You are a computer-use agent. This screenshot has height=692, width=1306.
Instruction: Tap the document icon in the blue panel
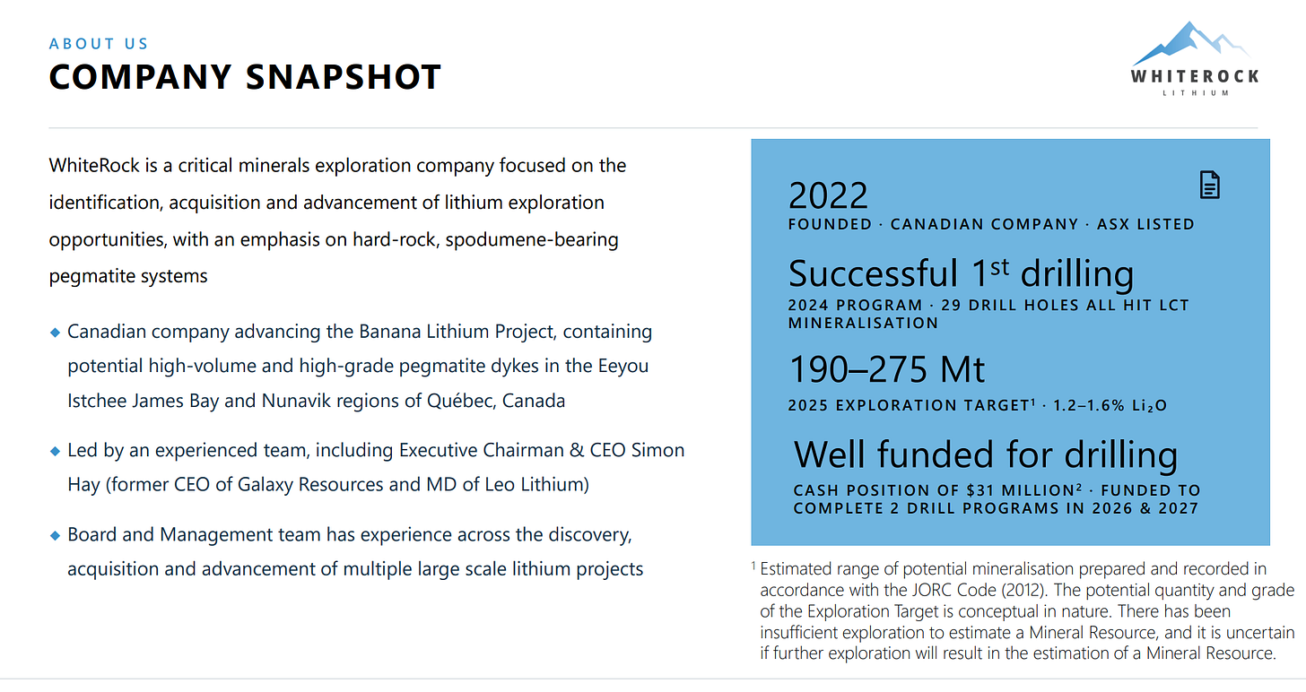click(x=1210, y=185)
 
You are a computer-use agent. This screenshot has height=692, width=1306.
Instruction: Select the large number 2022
click(x=828, y=195)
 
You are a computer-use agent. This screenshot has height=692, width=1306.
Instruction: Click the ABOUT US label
click(x=99, y=44)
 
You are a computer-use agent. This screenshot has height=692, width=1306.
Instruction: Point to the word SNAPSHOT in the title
click(x=344, y=77)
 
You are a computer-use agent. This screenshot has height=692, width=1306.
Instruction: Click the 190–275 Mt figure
click(x=886, y=369)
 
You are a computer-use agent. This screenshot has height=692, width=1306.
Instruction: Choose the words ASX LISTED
click(x=1145, y=224)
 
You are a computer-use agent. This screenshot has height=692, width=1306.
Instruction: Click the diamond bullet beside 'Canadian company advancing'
click(x=56, y=333)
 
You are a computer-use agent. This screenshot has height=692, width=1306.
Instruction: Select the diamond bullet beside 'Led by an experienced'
click(x=56, y=452)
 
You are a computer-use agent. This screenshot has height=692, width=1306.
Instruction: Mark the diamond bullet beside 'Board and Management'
click(x=56, y=535)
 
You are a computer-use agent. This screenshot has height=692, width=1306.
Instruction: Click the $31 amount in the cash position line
click(x=979, y=490)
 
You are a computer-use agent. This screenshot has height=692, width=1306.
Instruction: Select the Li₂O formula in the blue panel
click(x=1149, y=405)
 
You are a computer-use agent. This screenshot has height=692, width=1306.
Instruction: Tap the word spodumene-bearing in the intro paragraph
click(x=532, y=240)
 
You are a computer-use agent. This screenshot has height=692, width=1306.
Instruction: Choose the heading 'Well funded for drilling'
click(x=985, y=455)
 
